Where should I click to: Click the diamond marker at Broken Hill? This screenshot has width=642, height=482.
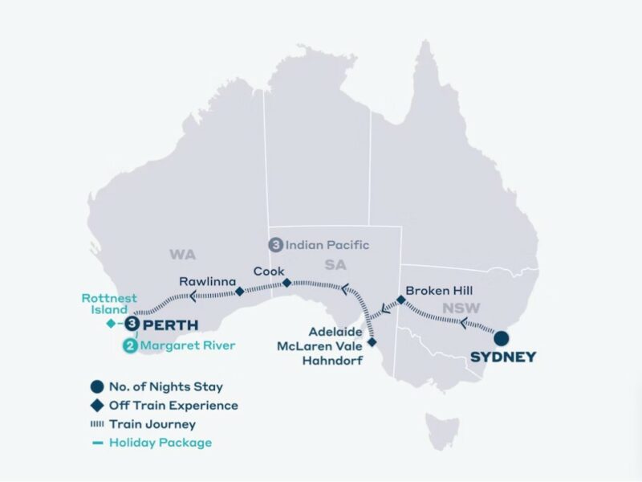(401, 300)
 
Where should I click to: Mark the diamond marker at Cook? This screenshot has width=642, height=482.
(286, 283)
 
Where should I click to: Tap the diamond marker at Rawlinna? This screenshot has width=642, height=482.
(239, 292)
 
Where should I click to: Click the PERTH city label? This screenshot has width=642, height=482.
(170, 325)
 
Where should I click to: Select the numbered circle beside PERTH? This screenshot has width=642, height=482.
(132, 324)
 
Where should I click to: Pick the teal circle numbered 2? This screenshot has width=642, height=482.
(129, 346)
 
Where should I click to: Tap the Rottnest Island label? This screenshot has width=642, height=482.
(104, 304)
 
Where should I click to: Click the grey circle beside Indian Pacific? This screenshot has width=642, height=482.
(275, 244)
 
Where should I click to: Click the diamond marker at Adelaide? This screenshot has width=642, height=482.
(372, 342)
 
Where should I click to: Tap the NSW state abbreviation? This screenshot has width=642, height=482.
(457, 308)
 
